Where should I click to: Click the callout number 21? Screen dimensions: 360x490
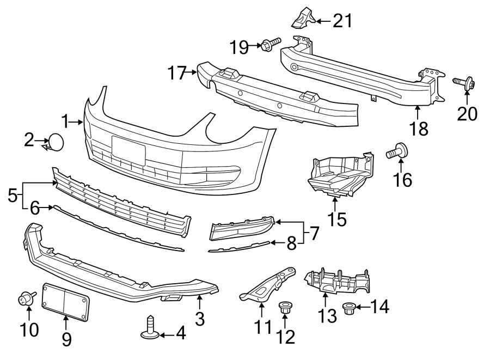342,21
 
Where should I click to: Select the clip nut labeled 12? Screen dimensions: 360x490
284,308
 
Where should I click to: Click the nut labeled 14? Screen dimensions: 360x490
348,309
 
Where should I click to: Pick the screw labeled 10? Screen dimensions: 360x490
26,298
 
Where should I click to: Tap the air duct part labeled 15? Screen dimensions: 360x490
340,174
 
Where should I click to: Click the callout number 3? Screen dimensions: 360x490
200,319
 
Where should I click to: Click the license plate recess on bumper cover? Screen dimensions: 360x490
128,150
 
